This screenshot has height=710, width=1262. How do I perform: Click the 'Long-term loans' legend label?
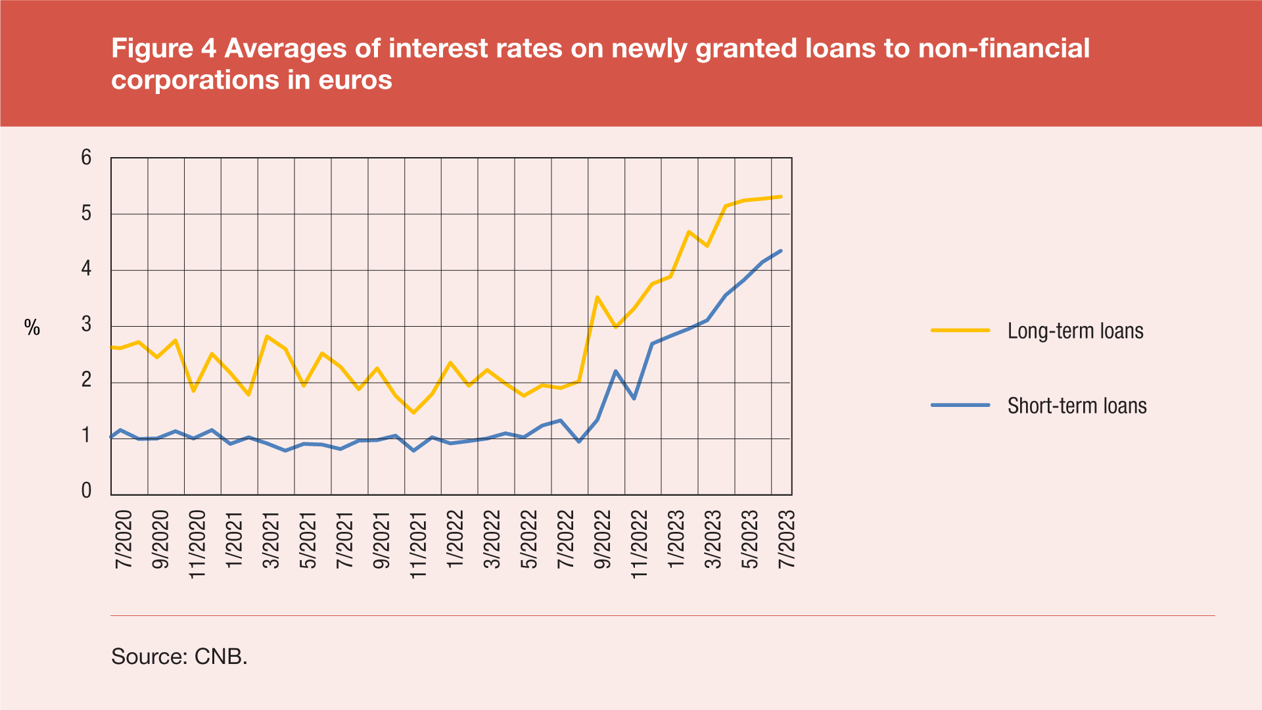point(1075,331)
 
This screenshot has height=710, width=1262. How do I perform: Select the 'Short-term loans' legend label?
point(1077,406)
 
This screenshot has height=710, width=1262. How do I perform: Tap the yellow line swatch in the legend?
point(960,330)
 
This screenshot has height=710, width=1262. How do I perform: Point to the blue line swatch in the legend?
point(960,405)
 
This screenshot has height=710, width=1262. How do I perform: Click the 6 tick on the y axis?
point(86,158)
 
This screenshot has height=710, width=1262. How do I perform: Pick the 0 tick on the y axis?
point(86,490)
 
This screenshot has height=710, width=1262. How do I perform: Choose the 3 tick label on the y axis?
point(86,324)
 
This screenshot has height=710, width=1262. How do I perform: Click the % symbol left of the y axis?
point(32,327)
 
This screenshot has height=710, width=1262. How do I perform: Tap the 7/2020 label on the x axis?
point(124,539)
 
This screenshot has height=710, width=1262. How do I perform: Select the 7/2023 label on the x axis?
point(786,539)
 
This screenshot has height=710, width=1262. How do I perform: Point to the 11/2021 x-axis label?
point(418,544)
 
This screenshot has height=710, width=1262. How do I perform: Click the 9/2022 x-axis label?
point(602,539)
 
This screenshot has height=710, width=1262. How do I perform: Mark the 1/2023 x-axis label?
point(676,539)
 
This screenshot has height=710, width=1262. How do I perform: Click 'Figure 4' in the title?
point(163,49)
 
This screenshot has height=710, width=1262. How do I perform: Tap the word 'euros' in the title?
point(355,80)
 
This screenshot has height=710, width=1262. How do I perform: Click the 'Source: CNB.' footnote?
point(179,656)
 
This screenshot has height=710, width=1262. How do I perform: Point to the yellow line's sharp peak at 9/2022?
point(597,297)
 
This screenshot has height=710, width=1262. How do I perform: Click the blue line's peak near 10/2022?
point(616,371)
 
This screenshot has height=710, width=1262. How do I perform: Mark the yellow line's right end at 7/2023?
point(780,197)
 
